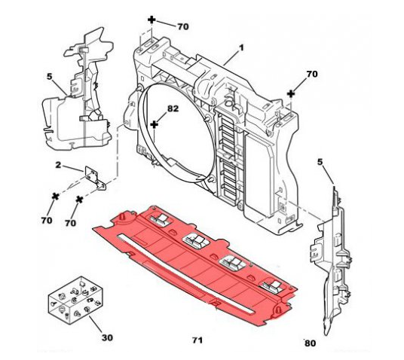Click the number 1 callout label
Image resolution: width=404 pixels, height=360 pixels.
(x=241, y=48)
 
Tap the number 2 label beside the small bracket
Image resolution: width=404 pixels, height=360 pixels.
(x=58, y=165)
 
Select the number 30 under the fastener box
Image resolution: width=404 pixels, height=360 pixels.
(x=107, y=337)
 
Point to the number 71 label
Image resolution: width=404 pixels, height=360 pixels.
(x=197, y=340)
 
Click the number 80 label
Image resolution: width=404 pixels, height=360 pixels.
(x=310, y=343)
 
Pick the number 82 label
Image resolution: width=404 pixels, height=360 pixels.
(x=173, y=108)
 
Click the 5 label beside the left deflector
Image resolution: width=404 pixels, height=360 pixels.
(x=50, y=77)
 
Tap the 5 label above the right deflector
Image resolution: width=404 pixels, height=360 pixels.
(x=320, y=162)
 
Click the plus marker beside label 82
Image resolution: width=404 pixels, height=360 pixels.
(x=154, y=125)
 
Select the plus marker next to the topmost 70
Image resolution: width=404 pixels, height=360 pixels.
(x=151, y=20)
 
